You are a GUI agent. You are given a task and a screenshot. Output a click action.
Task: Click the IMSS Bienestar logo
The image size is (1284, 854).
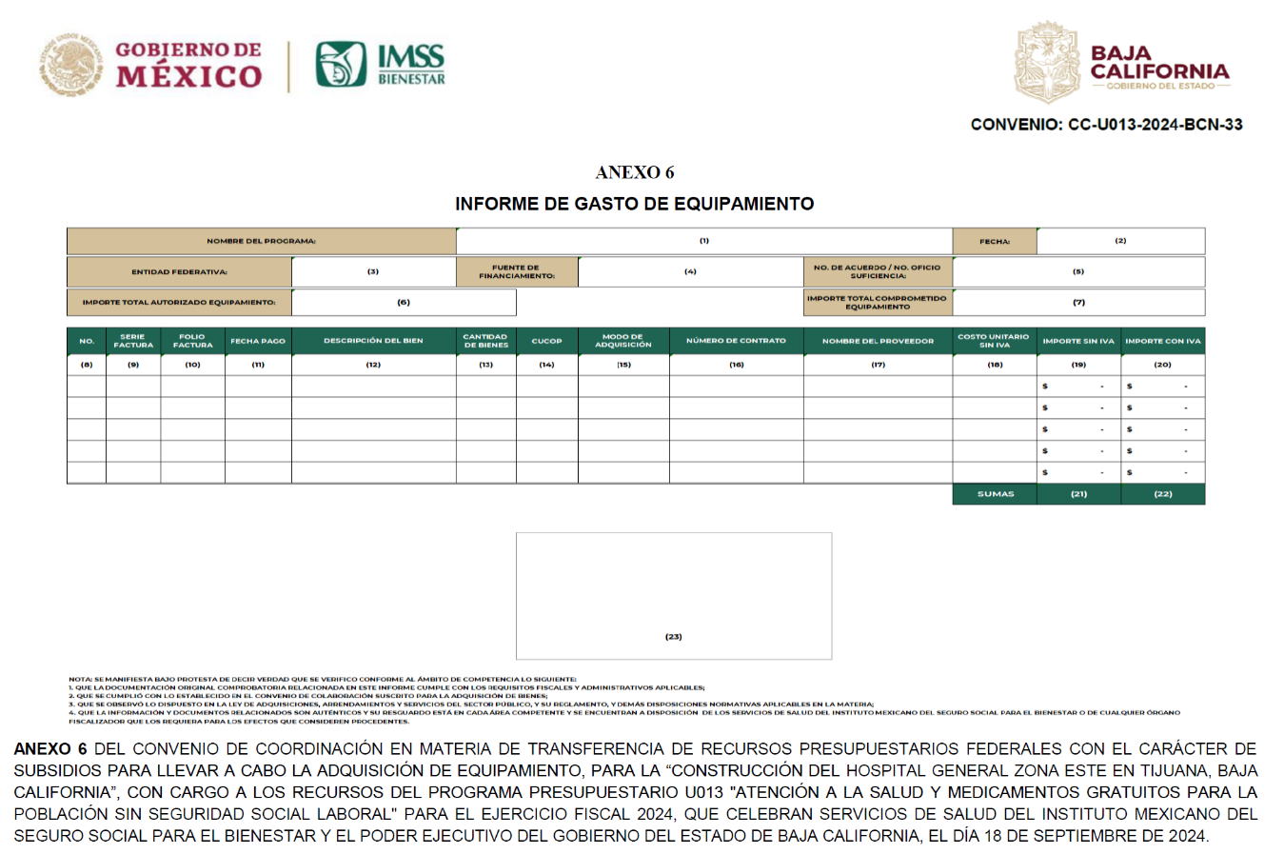coord(380,65)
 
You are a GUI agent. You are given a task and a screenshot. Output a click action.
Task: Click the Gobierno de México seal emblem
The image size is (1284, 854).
coord(70,64)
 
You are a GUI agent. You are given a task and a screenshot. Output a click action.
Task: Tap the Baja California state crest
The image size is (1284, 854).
coord(1046,64)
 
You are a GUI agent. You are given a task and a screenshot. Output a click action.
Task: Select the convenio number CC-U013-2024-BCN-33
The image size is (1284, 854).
coord(1106,125)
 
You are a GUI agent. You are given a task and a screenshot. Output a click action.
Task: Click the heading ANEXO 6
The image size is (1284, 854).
coord(634,172)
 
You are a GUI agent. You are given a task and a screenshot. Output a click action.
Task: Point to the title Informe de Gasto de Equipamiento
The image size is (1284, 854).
coord(634,204)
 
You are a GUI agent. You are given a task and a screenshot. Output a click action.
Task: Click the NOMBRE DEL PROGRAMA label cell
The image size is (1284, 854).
coord(261,241)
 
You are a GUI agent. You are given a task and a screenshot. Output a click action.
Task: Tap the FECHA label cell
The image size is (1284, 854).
coord(994,241)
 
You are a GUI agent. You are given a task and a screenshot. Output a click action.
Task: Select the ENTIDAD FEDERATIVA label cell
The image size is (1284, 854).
coord(179,271)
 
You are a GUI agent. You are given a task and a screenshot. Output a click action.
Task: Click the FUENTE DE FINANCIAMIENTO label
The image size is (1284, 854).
coord(516,271)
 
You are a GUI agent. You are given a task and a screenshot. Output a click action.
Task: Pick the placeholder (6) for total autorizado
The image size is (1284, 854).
coord(404,302)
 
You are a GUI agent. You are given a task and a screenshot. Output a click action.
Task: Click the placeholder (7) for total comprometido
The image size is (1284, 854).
coord(1078,302)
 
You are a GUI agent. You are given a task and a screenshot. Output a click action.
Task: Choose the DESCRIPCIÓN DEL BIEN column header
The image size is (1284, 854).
coord(373,341)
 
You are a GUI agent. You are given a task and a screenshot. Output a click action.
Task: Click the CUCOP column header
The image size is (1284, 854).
coord(546,341)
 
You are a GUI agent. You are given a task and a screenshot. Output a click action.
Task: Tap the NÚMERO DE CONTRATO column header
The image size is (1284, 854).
coord(736,341)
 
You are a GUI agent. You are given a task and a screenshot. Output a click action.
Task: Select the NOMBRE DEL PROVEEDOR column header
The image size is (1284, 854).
coord(878,341)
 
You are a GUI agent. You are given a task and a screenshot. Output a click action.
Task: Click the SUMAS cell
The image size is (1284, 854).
coord(995,494)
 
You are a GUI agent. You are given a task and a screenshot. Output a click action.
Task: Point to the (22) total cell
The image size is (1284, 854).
coord(1162,494)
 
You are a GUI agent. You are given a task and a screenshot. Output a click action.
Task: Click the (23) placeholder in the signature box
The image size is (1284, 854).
coord(673,636)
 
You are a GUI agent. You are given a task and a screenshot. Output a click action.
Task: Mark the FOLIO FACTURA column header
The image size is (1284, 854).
coord(192,341)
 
